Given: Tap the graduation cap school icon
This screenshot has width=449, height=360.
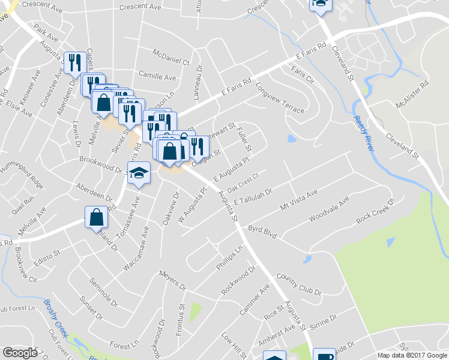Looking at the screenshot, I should point(139,173).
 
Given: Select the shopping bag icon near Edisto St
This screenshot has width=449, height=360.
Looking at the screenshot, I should point(96,217).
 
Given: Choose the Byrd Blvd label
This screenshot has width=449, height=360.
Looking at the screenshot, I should point(262,232).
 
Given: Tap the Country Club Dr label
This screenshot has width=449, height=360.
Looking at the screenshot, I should point(298,284).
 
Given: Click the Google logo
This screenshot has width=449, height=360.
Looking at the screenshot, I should point(20,352).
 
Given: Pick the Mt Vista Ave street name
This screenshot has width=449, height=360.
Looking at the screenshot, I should point(298,202).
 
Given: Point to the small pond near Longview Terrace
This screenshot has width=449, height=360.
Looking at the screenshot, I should point(292,139).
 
